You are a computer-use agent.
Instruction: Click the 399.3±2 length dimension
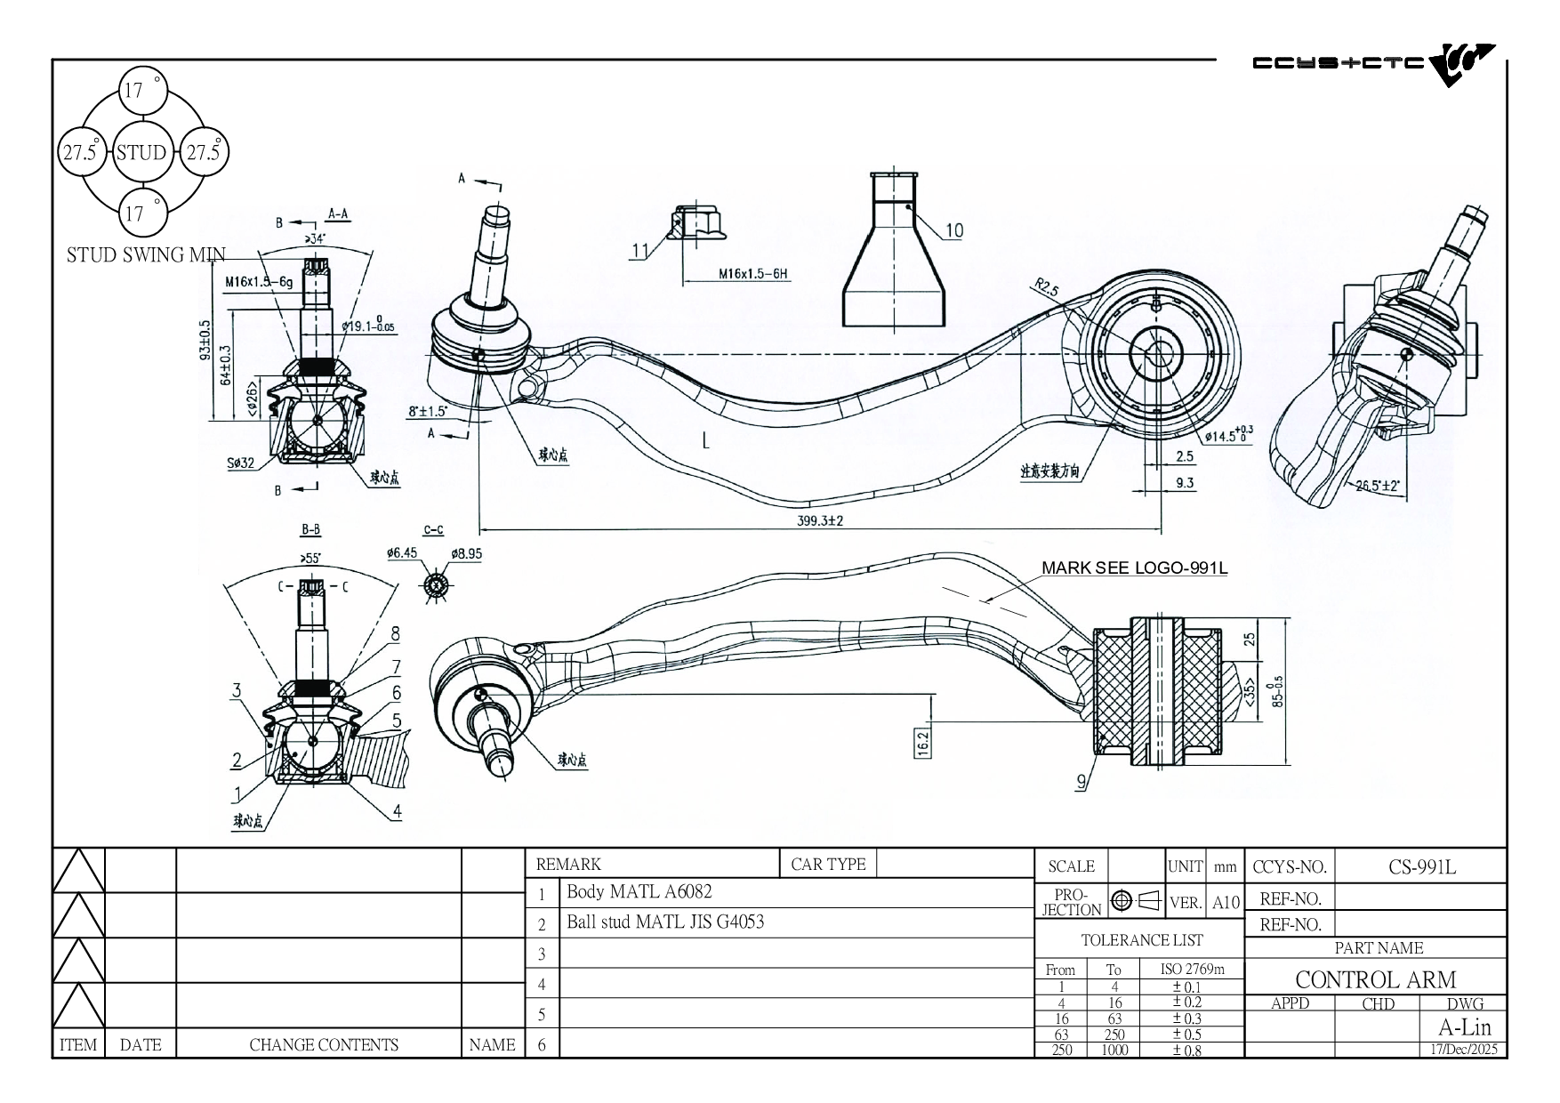(x=819, y=521)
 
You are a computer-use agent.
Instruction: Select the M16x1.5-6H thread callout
(x=753, y=275)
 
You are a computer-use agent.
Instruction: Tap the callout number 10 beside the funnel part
(x=953, y=231)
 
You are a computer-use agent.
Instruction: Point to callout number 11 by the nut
(x=639, y=252)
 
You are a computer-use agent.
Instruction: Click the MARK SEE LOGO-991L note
(x=1134, y=568)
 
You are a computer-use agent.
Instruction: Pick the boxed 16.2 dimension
(x=922, y=742)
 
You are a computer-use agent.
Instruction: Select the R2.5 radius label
(x=1047, y=288)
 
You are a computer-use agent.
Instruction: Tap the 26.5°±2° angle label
(x=1378, y=486)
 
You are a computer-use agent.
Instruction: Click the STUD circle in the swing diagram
(x=141, y=153)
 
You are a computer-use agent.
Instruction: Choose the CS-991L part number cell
(x=1422, y=866)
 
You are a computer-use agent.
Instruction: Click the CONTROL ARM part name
(x=1375, y=979)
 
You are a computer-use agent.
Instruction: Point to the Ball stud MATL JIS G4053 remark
(x=665, y=922)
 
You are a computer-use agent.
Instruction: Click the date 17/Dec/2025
(x=1462, y=1050)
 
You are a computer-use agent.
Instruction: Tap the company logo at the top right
(x=1374, y=64)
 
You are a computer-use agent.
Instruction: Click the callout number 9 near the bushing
(x=1082, y=783)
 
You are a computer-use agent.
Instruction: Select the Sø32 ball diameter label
(x=239, y=463)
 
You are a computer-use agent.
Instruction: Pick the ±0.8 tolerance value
(x=1186, y=1051)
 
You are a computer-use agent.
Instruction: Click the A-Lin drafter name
(x=1464, y=1027)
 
